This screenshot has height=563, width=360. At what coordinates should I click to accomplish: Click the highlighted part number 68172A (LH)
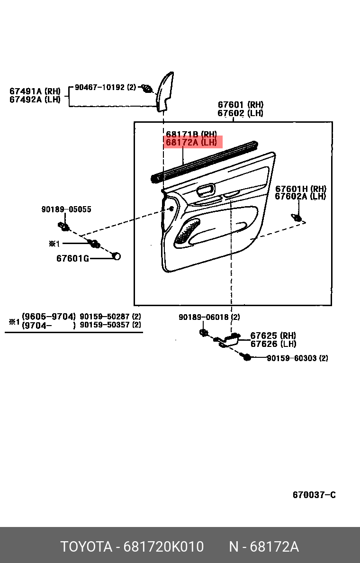point(191,142)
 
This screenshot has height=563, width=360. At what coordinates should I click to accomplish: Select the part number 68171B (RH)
point(191,135)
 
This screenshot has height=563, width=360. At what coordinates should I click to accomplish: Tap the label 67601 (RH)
point(240,105)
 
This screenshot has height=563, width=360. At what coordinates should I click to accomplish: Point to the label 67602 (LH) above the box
point(240,113)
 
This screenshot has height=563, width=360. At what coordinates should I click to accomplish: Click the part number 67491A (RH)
point(35,91)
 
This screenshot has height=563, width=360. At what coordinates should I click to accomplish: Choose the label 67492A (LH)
point(35,99)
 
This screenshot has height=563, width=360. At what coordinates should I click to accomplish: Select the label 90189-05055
point(66,209)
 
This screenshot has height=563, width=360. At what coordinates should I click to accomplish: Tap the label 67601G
point(72,258)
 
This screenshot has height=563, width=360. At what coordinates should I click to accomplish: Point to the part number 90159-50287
point(105,317)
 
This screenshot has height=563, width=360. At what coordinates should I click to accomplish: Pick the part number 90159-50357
point(105,325)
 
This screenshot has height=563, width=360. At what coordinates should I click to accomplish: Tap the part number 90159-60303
point(291,358)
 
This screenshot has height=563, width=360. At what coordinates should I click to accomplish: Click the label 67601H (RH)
point(300,189)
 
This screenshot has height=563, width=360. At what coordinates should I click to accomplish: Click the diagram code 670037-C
point(314,495)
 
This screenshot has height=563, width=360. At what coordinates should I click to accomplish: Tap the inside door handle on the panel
point(206,191)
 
